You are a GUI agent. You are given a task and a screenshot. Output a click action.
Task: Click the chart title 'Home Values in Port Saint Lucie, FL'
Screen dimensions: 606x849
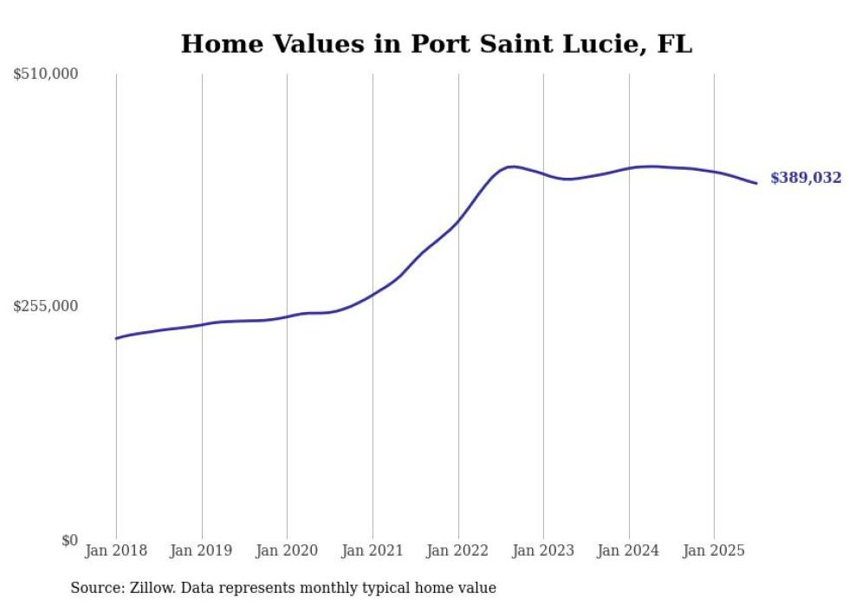(436, 44)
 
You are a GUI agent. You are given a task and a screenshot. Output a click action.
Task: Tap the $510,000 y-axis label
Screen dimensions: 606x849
(46, 75)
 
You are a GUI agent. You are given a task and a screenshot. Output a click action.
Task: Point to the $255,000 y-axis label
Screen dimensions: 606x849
(46, 306)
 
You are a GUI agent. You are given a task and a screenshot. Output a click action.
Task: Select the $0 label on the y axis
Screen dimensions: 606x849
(69, 540)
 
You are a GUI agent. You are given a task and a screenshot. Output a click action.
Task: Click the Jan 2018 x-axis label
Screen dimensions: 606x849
(116, 551)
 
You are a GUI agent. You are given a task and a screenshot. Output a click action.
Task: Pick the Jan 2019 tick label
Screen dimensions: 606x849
(202, 551)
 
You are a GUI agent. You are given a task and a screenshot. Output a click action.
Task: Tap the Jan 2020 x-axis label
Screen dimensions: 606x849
(287, 551)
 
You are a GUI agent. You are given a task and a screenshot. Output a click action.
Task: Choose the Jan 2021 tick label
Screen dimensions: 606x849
(373, 551)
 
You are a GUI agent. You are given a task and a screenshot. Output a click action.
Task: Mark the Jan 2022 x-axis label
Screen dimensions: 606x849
(458, 551)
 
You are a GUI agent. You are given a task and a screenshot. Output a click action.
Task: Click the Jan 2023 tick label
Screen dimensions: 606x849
(543, 551)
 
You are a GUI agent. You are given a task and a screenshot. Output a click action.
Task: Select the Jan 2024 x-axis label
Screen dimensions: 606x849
(629, 551)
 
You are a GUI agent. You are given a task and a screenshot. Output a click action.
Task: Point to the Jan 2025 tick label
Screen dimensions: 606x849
(714, 551)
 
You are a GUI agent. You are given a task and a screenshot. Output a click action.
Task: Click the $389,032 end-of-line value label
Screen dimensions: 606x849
(806, 179)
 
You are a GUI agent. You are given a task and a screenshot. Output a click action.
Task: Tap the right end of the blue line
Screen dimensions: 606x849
(756, 183)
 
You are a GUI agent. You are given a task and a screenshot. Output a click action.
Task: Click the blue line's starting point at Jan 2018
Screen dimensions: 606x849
(116, 338)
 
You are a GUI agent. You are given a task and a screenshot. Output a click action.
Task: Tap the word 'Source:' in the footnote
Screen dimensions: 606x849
(94, 588)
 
